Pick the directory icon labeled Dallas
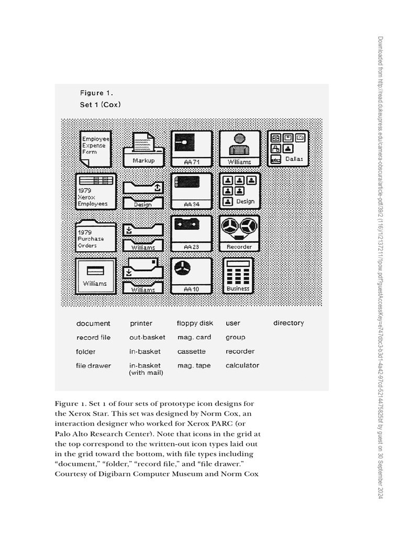coord(287,148)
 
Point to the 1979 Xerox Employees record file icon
coord(96,192)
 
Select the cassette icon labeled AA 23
coord(191,233)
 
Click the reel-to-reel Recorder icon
coord(239,233)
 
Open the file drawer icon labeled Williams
coord(95,275)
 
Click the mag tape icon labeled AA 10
coord(191,275)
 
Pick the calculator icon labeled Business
coord(238,275)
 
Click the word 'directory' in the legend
coord(288,323)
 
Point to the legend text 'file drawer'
coord(93,366)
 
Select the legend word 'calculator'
coord(242,365)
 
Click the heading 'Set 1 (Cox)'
coord(100,104)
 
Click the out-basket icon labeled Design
coord(143,195)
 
